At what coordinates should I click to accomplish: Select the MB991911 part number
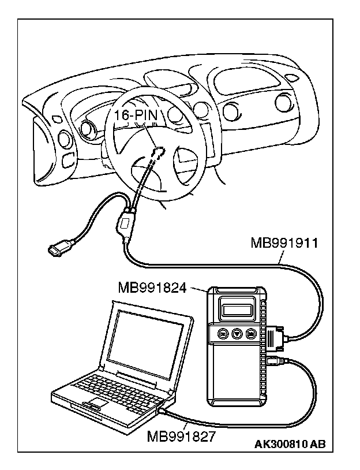(284, 242)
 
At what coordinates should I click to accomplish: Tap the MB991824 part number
(152, 287)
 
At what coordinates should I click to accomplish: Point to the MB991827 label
(181, 436)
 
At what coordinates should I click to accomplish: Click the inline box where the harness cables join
(125, 223)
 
